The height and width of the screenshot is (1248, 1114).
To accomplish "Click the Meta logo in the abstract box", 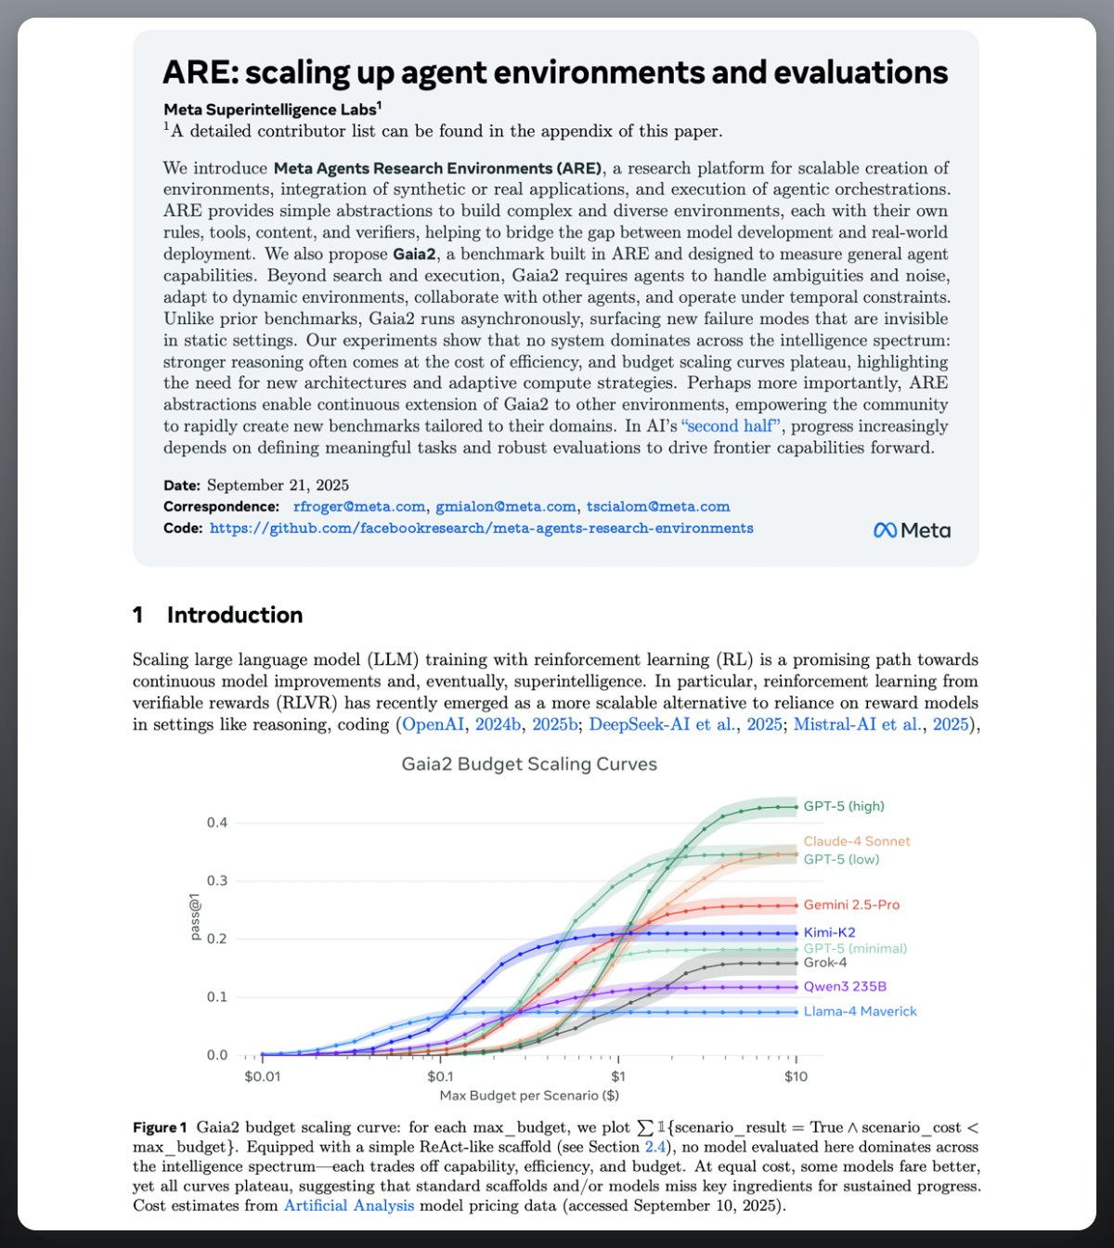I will (912, 530).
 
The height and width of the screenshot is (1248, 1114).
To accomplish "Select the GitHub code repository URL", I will (481, 528).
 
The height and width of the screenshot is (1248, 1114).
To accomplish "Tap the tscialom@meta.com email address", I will (657, 506).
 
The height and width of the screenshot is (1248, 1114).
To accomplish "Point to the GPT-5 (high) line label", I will (844, 806).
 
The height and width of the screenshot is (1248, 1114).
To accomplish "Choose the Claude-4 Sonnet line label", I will (857, 841).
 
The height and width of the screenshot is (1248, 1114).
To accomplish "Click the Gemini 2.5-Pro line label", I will (851, 904).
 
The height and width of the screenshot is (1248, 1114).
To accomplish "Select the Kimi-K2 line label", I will (829, 932).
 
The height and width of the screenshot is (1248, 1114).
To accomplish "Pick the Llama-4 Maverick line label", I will (860, 1011).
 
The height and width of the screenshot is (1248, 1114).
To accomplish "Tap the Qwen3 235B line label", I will (845, 987).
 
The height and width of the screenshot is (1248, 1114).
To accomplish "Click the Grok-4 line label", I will (825, 963).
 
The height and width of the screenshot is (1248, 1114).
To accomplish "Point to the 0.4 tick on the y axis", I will (217, 823).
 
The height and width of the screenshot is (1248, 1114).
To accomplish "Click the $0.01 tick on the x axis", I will (262, 1077).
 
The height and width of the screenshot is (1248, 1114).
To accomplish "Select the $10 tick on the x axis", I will (796, 1077).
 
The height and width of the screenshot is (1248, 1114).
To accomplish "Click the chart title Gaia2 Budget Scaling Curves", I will (529, 764).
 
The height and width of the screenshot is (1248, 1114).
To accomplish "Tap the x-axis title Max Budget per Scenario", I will (529, 1096).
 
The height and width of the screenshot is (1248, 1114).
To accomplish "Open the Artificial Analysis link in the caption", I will (349, 1205).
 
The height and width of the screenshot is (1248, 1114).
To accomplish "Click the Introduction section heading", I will (234, 615).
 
